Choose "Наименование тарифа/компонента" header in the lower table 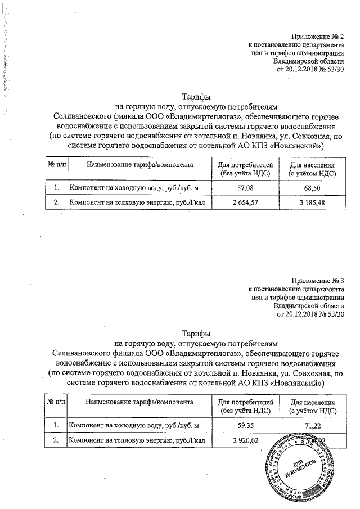[139, 402]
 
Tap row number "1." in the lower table [56, 424]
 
